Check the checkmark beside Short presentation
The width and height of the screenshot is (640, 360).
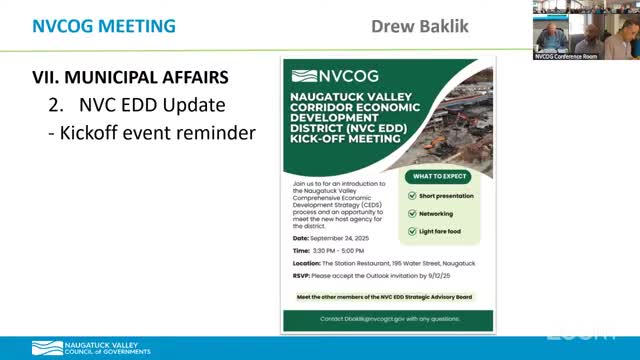point(412,196)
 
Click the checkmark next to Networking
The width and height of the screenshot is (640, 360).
point(412,214)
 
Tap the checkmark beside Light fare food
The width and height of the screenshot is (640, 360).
point(412,232)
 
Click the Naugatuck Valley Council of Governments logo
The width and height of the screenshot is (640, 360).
point(75,348)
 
